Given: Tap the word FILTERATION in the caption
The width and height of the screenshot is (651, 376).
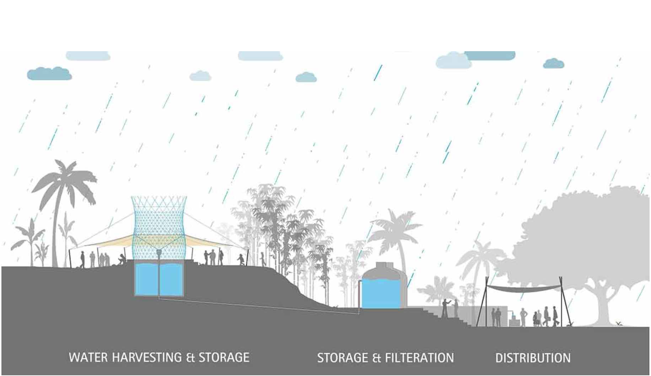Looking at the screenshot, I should click(418, 358).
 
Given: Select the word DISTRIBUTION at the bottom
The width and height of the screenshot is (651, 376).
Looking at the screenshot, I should click(533, 358).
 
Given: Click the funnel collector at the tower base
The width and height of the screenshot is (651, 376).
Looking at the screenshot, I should click(159, 253).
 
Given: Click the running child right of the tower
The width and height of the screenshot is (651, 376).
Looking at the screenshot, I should click(241, 259).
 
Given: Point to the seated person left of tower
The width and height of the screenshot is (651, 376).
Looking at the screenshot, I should click(122, 260).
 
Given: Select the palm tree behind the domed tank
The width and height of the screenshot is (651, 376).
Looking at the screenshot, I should click(394, 231).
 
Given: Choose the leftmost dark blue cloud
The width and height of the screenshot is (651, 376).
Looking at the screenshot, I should click(49, 74).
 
